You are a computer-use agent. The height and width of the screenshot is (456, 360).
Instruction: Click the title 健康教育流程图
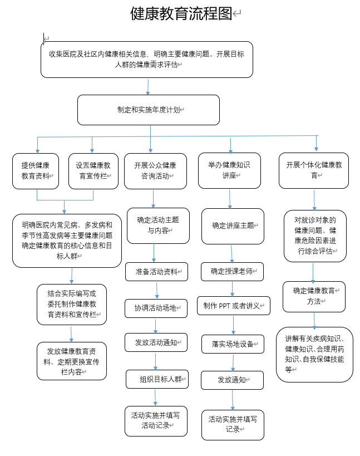point(181,14)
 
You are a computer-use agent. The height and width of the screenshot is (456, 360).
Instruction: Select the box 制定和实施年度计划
point(149,110)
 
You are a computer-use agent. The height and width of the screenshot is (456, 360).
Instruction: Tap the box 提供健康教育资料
point(36,170)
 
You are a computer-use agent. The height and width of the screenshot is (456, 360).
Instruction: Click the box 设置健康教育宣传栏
point(93,170)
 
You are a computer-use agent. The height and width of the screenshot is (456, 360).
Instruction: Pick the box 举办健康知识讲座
point(229,170)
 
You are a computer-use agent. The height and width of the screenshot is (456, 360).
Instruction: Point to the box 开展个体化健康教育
point(314,170)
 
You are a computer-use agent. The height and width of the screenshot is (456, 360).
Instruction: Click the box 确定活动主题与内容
point(157,225)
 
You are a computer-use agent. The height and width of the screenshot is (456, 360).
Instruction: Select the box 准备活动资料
point(156,272)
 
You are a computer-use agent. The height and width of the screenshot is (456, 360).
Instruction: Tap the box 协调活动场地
point(156,308)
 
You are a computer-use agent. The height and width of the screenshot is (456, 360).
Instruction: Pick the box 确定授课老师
point(232,272)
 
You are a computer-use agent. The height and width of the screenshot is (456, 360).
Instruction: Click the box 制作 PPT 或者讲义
point(234,306)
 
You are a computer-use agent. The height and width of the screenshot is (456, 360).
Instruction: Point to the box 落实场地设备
point(233,344)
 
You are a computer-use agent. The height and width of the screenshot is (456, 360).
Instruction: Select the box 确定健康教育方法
point(314,296)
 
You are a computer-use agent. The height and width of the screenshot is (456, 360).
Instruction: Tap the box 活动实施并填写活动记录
point(156,420)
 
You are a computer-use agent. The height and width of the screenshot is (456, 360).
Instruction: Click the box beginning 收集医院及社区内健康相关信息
point(147,59)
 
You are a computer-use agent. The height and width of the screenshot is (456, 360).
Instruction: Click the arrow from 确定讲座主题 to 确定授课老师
point(232,253)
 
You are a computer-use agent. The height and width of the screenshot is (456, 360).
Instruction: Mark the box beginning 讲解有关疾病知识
point(314,354)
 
